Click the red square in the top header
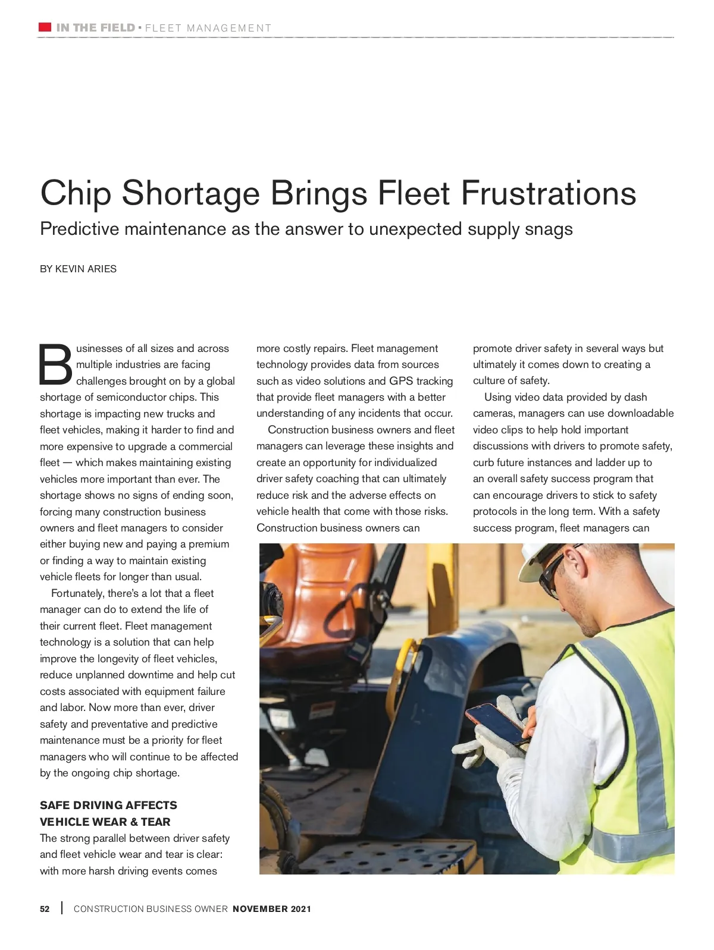click(x=45, y=27)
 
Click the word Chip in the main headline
click(x=76, y=193)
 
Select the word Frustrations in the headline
click(x=548, y=193)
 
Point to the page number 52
click(x=45, y=909)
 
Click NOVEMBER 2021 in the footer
click(x=271, y=909)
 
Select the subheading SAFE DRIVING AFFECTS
click(x=108, y=805)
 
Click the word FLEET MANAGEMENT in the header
click(x=208, y=28)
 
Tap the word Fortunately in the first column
click(x=77, y=593)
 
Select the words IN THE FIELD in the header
click(x=95, y=28)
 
